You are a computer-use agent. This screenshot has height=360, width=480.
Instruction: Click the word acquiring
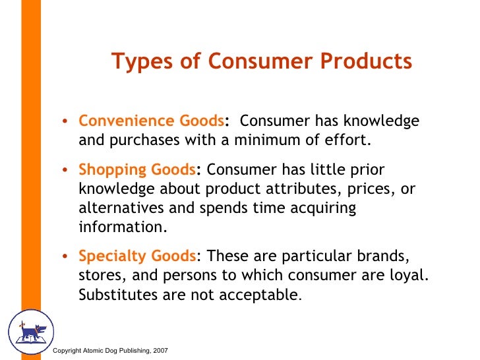322,208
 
